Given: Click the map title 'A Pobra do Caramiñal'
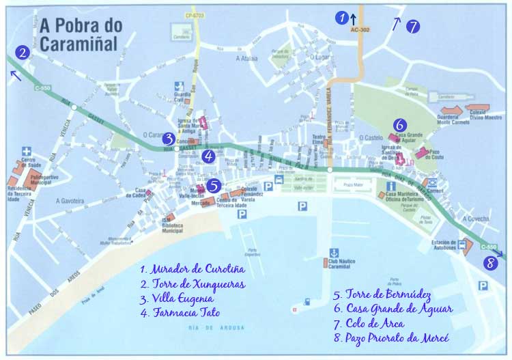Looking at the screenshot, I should point(81,35).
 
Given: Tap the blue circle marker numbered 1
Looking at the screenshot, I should point(342,18).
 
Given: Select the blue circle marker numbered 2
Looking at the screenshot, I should point(23,52).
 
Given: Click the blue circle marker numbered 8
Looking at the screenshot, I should point(489,263).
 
